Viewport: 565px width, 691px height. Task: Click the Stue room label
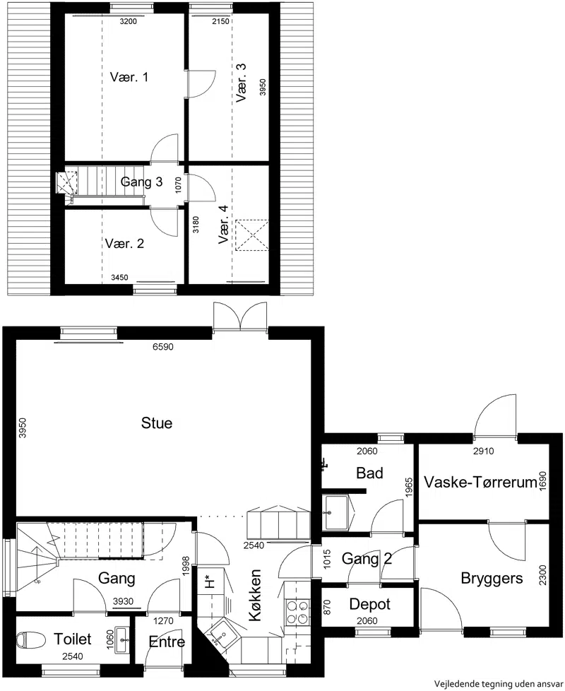click(x=157, y=423)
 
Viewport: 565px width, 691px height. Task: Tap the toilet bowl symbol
click(x=31, y=639)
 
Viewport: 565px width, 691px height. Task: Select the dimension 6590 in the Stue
click(x=163, y=347)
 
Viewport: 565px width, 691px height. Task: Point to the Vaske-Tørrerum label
click(x=480, y=482)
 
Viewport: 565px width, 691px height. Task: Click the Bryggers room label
click(x=492, y=578)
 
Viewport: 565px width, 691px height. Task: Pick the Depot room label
click(x=370, y=604)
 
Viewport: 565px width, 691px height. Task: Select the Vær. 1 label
click(x=129, y=77)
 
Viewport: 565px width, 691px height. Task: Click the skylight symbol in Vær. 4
click(x=252, y=235)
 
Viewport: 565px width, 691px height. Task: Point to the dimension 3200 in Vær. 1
click(x=128, y=22)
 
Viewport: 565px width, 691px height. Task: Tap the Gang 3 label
click(x=141, y=182)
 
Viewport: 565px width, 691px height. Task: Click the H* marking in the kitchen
click(x=210, y=581)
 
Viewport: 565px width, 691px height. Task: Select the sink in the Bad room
click(x=336, y=512)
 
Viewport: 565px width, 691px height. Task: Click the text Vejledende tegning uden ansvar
click(x=499, y=683)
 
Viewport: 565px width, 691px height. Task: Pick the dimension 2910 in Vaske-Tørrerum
click(x=484, y=451)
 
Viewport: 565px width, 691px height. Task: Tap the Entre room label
click(x=167, y=642)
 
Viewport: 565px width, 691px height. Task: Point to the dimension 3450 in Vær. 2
click(x=119, y=277)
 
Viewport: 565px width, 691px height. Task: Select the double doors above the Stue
click(x=240, y=316)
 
